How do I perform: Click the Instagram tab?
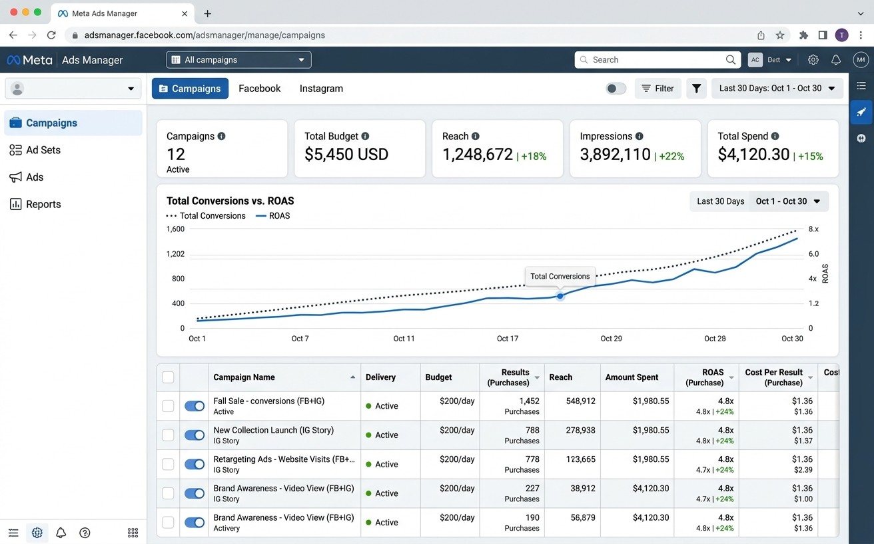pyautogui.click(x=321, y=89)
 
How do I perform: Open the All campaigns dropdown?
pyautogui.click(x=238, y=60)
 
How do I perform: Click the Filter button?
pyautogui.click(x=658, y=89)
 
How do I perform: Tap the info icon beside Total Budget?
pyautogui.click(x=365, y=136)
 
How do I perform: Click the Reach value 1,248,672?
pyautogui.click(x=477, y=155)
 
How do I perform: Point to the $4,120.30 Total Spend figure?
pyautogui.click(x=753, y=155)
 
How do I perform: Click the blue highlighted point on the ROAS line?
pyautogui.click(x=560, y=297)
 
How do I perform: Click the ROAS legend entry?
pyautogui.click(x=272, y=216)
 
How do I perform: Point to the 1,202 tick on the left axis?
pyautogui.click(x=176, y=254)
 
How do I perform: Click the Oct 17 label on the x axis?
pyautogui.click(x=508, y=339)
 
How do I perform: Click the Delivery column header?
pyautogui.click(x=380, y=377)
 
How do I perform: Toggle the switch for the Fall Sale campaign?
pyautogui.click(x=195, y=406)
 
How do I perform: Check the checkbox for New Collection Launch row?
pyautogui.click(x=168, y=435)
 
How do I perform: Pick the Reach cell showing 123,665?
pyautogui.click(x=581, y=459)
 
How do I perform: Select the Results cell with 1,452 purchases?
pyautogui.click(x=522, y=406)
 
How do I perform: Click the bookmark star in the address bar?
pyautogui.click(x=780, y=35)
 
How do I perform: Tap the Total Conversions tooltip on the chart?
pyautogui.click(x=560, y=277)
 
